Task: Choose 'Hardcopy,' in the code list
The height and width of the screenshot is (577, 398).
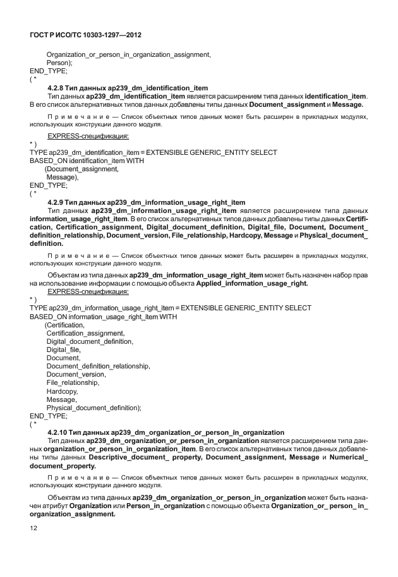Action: coord(62,391)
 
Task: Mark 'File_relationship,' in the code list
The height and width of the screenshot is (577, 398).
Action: coord(73,383)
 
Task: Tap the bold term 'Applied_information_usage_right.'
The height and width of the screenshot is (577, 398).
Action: coord(252,284)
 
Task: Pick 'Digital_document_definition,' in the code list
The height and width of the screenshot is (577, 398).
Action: coord(90,341)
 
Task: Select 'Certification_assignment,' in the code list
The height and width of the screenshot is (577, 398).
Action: coord(85,333)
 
